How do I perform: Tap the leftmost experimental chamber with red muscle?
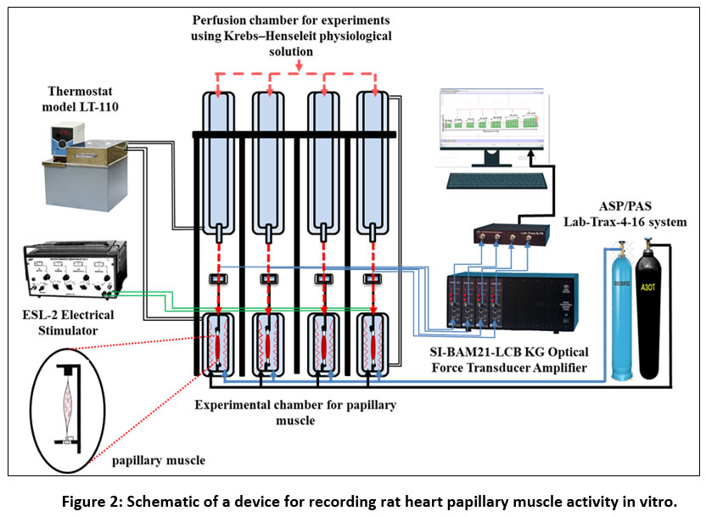(219, 345)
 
